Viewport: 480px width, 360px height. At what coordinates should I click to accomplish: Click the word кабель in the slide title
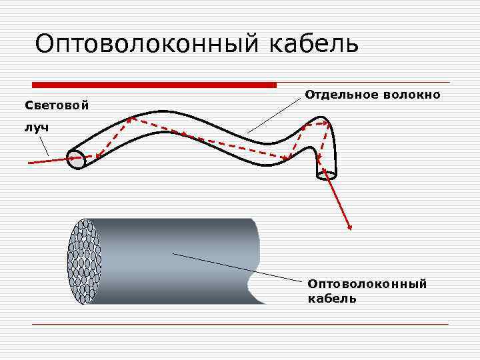click(x=314, y=44)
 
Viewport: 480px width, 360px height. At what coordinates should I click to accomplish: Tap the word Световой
click(x=57, y=105)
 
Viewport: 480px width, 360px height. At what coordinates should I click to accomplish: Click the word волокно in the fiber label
click(x=412, y=95)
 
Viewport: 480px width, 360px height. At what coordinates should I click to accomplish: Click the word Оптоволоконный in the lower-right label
click(x=367, y=285)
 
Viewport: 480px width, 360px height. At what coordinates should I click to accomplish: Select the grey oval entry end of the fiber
click(x=77, y=159)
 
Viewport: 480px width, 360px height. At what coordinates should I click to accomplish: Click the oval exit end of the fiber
click(x=326, y=175)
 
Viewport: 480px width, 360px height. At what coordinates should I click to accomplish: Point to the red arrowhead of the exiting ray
click(x=349, y=228)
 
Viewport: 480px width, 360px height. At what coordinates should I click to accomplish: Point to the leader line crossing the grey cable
click(x=213, y=263)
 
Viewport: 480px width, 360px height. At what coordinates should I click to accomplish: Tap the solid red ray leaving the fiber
click(x=339, y=203)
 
